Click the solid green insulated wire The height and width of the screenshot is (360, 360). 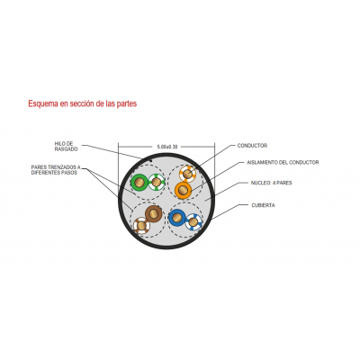(x=139, y=182)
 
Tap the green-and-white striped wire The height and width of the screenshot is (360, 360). (x=157, y=182)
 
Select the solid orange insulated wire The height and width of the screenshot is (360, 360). (x=183, y=190)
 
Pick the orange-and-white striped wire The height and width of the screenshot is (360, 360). (x=187, y=174)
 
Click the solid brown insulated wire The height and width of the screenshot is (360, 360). (x=154, y=213)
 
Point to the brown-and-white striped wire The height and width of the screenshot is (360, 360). (x=141, y=225)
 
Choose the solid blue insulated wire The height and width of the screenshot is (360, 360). (x=177, y=218)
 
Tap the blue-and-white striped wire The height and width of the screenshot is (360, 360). (x=193, y=222)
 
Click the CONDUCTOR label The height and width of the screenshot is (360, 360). (x=252, y=146)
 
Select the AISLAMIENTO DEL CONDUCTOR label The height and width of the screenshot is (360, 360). (x=283, y=162)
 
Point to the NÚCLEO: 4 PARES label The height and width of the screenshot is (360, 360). (x=271, y=183)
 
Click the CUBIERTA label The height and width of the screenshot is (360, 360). (x=263, y=205)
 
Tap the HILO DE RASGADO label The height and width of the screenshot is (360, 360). (x=66, y=147)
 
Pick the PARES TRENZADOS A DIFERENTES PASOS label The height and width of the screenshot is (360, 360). (x=56, y=170)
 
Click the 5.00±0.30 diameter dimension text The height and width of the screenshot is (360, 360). (x=167, y=147)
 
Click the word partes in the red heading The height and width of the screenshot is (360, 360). (x=126, y=104)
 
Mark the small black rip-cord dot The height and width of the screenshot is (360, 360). (x=151, y=160)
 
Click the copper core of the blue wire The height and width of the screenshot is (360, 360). (x=177, y=218)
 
